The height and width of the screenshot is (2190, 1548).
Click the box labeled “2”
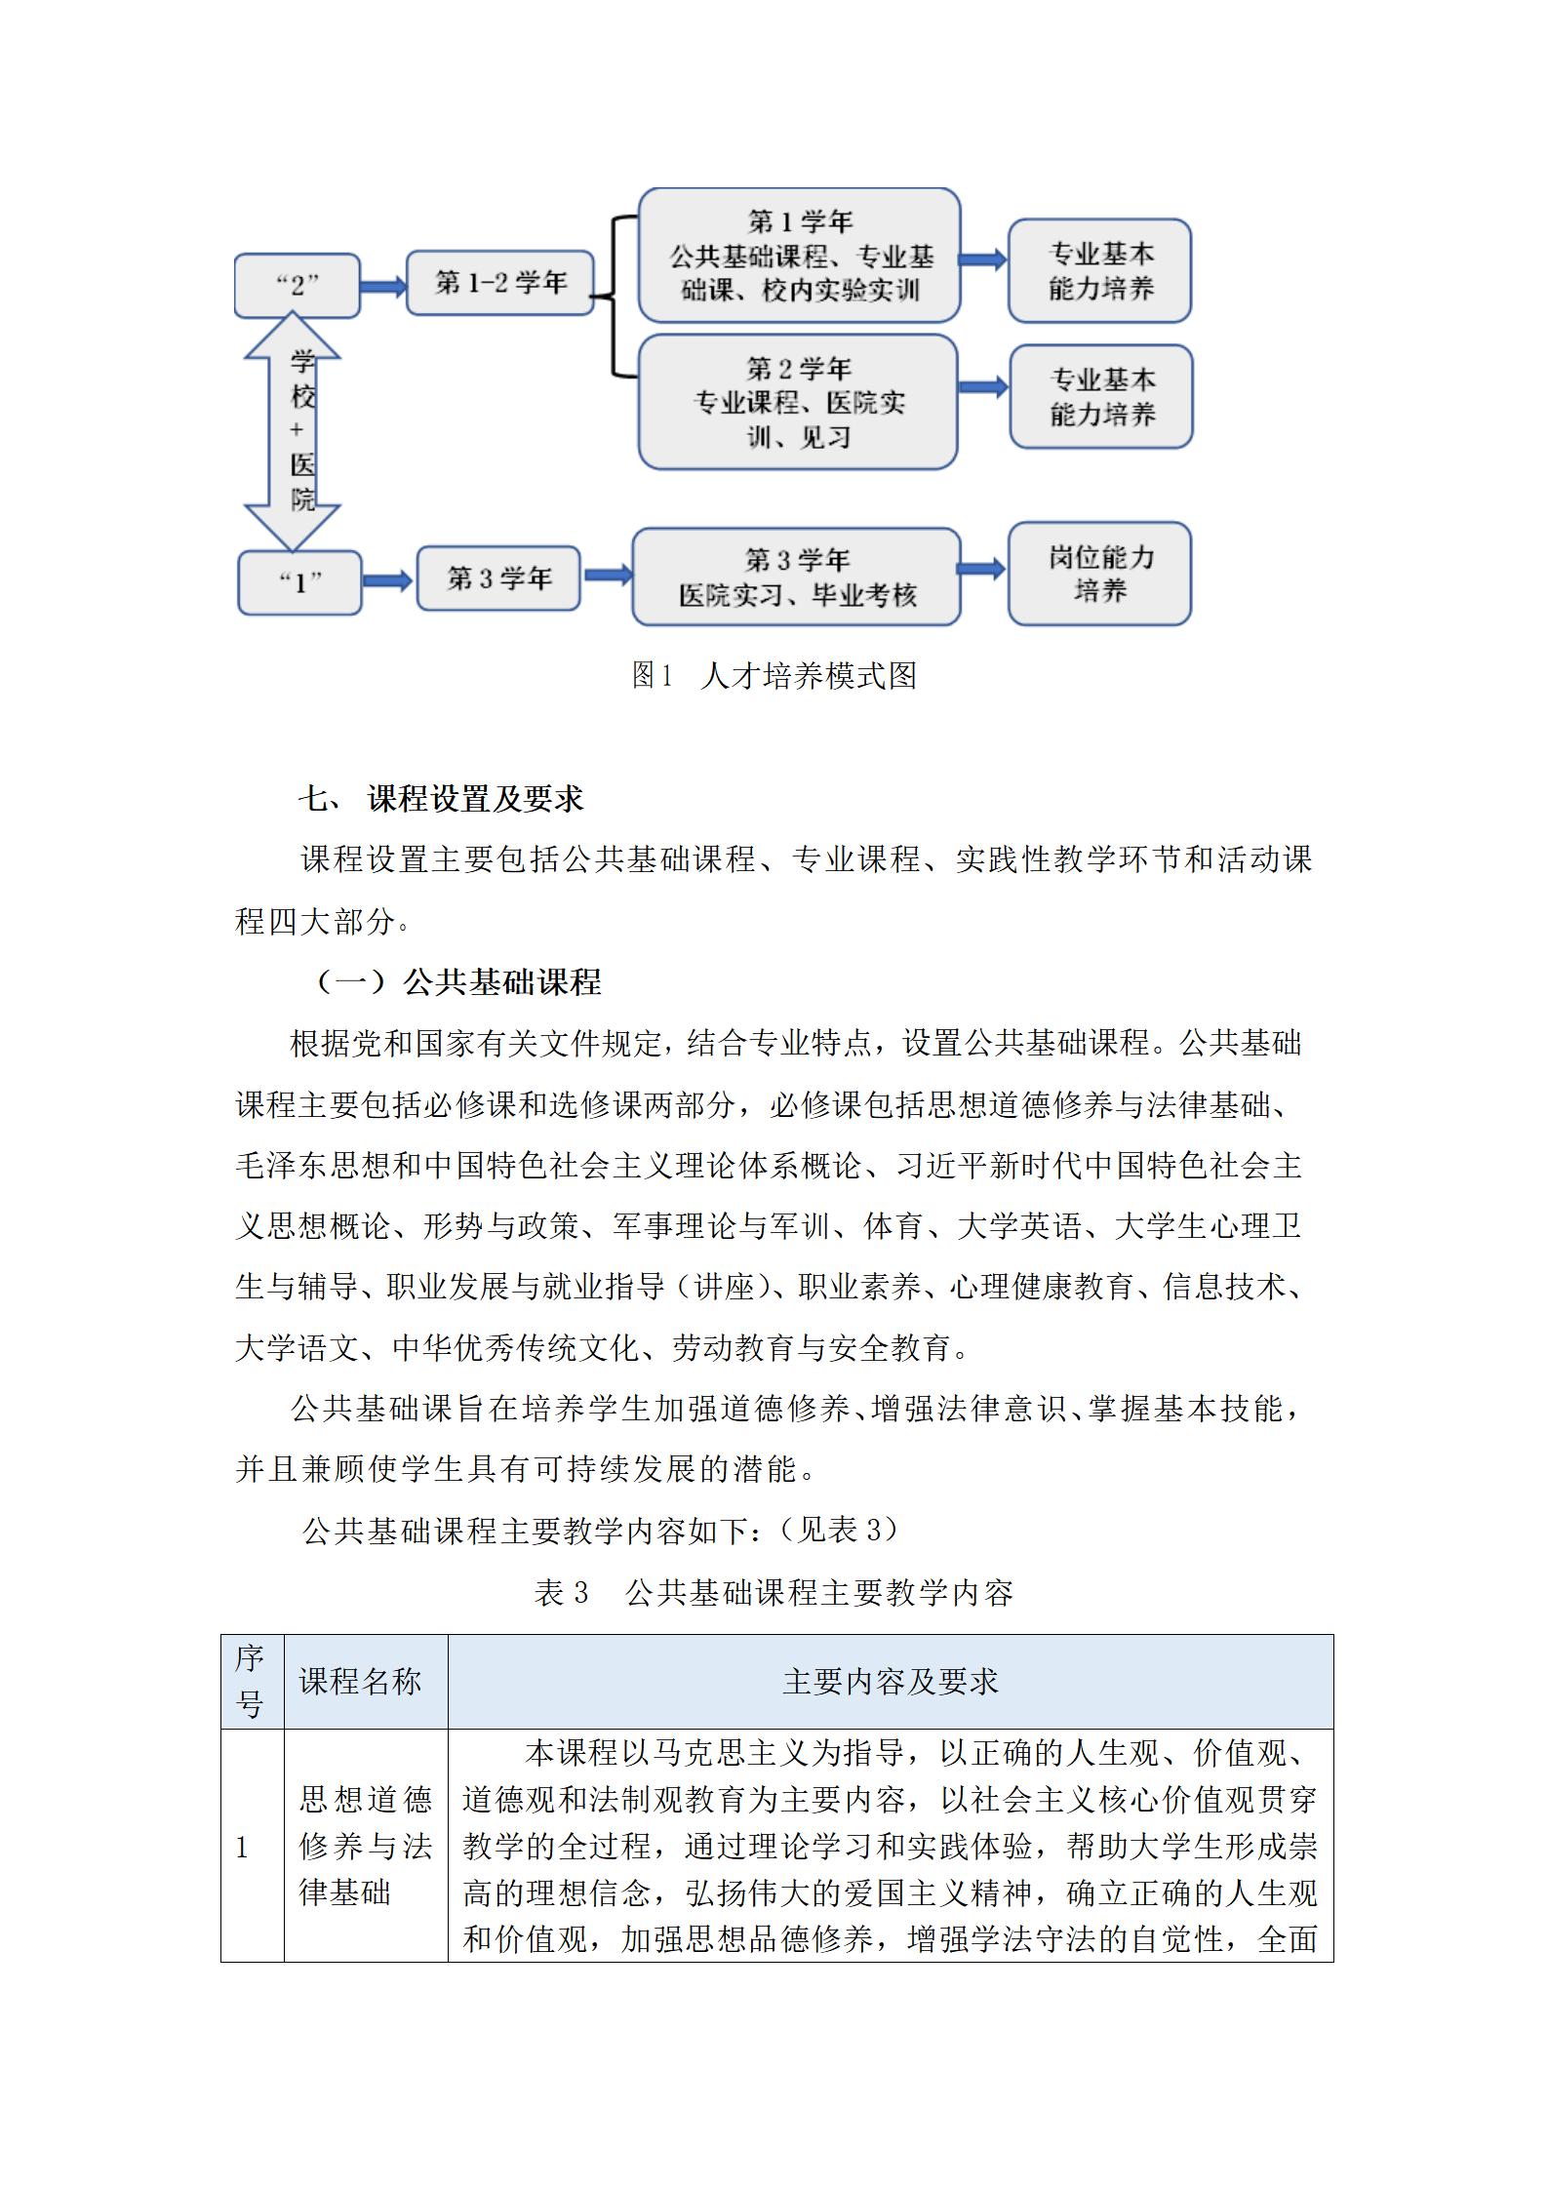pos(298,286)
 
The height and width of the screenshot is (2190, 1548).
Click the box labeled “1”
pos(299,582)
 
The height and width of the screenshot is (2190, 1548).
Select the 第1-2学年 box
pos(499,284)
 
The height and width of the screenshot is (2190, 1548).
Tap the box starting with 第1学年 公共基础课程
pos(799,257)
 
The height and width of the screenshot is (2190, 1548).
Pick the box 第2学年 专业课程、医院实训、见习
pos(798,402)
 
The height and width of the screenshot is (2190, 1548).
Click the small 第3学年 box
pos(498,578)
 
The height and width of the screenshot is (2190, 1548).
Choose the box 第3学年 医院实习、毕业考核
pos(796,577)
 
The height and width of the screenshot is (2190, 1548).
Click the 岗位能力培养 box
pos(1099,574)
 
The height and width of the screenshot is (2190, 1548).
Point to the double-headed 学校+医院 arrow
pos(293,431)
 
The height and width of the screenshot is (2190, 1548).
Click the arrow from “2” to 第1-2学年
pos(382,286)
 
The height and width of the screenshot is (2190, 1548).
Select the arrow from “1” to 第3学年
pos(388,581)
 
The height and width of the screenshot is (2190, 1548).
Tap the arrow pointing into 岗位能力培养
pos(982,569)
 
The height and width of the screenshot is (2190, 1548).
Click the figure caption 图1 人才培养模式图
pos(774,675)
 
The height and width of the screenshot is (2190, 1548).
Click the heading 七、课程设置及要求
pos(441,799)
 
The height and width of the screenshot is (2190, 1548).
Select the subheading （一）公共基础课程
pos(456,981)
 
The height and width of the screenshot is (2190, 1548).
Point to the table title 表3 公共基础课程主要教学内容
pos(774,1592)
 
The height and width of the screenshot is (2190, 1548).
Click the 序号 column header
pos(251,1682)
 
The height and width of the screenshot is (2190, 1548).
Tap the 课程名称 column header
pos(360,1682)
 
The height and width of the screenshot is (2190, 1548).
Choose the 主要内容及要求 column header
pos(890,1682)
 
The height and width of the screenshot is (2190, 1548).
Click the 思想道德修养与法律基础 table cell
pos(365,1846)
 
